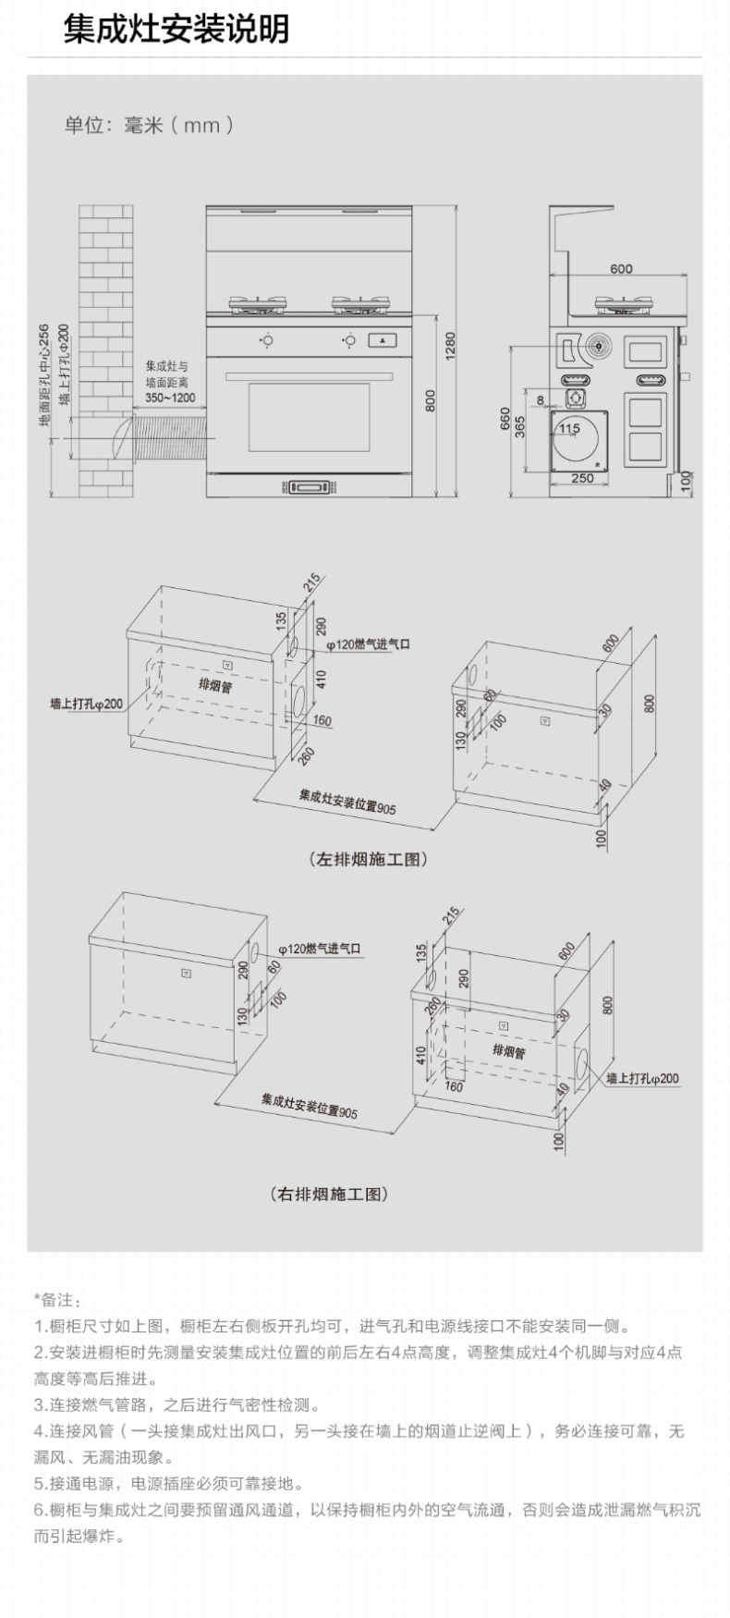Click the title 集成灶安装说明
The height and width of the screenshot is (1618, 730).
[176, 29]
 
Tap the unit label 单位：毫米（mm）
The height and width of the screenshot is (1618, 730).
[149, 125]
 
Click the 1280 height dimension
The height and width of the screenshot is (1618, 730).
[451, 347]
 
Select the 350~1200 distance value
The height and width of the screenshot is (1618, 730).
[170, 398]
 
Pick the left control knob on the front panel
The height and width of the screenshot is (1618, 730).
[265, 339]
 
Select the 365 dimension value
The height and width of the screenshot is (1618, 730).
[520, 426]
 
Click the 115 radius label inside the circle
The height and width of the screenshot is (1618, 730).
[570, 428]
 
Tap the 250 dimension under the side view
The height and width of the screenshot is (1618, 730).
[582, 478]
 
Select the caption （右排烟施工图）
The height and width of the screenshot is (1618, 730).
[329, 1194]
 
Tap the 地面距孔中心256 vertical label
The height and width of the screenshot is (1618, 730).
[43, 375]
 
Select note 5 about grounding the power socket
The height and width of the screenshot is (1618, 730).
[169, 1483]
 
